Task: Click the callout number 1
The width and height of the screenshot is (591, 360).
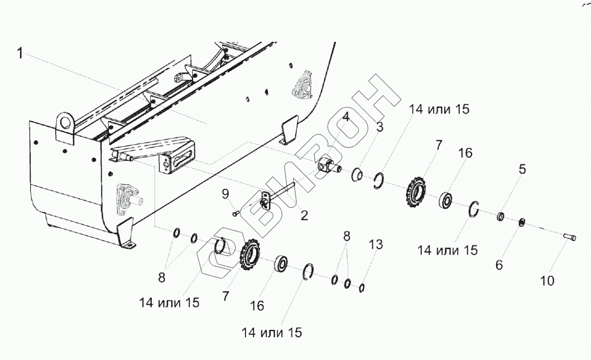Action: pos(21,54)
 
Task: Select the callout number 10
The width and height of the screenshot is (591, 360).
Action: pos(547,281)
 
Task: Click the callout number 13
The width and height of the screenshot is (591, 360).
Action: pos(376,244)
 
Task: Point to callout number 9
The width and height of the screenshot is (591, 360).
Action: pos(225,194)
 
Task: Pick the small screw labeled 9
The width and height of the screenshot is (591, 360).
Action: pos(236,212)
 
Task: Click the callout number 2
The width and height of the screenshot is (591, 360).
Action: pos(304,215)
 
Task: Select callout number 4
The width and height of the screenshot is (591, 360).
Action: pos(347,117)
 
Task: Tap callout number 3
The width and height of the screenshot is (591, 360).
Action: pos(379,127)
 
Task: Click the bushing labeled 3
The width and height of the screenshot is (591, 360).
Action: pos(356,176)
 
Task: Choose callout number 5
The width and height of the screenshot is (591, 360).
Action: pos(522,169)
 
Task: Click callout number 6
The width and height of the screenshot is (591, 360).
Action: pos(498,265)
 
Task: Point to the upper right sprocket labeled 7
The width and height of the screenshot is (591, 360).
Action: pos(416,192)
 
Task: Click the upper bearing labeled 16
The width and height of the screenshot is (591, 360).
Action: pos(446,199)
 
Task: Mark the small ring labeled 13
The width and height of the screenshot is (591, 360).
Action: pos(362,287)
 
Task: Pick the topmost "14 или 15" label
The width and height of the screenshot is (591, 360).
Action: pos(439,109)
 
